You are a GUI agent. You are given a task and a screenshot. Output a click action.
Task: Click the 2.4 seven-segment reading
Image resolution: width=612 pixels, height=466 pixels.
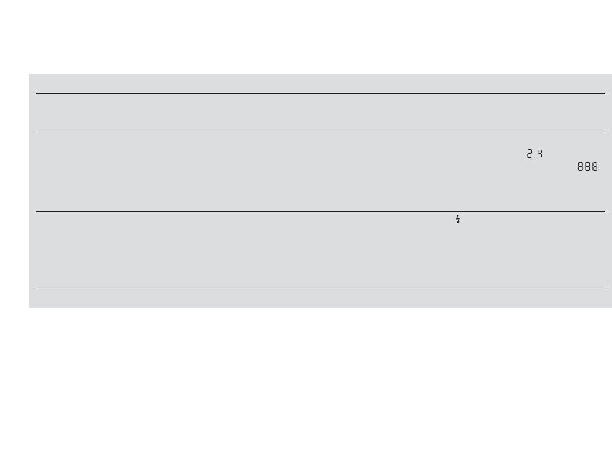535,154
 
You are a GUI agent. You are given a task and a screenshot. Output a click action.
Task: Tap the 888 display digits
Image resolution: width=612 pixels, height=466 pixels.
587,167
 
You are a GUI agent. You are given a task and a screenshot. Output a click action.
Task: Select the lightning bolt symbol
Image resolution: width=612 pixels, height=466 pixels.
457,219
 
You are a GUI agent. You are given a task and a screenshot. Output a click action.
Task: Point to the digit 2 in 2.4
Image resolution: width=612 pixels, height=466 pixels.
529,154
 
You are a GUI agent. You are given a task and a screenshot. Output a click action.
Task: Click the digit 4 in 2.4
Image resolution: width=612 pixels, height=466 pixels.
540,154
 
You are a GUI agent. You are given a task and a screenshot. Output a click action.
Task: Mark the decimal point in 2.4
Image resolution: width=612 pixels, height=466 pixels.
535,157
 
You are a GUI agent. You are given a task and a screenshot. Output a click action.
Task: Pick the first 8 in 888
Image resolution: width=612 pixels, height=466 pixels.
580,167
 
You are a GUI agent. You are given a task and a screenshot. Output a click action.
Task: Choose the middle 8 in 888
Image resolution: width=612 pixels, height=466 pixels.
587,167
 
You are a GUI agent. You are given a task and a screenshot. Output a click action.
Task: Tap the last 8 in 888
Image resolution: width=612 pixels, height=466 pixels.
594,167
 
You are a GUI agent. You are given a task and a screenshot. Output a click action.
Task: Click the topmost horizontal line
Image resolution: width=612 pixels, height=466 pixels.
320,93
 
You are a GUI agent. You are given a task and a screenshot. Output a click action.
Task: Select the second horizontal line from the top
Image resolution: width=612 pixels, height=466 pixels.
320,133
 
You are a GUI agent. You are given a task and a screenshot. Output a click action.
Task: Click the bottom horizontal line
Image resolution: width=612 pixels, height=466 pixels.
320,290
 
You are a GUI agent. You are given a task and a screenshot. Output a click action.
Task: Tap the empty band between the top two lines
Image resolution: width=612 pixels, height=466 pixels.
320,113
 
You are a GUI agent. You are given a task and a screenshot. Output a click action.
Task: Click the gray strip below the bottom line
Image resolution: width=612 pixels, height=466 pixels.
320,299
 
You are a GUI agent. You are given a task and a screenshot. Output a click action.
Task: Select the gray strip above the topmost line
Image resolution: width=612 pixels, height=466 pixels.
320,83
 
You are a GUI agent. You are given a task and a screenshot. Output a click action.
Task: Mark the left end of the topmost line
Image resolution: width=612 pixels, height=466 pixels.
36,93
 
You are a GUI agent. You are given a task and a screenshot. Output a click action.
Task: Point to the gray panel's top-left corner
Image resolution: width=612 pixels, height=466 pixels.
29,74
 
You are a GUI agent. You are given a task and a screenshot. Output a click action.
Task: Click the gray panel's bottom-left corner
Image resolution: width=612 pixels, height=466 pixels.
29,307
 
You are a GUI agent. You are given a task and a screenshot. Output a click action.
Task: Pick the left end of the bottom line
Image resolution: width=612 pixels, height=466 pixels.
36,290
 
